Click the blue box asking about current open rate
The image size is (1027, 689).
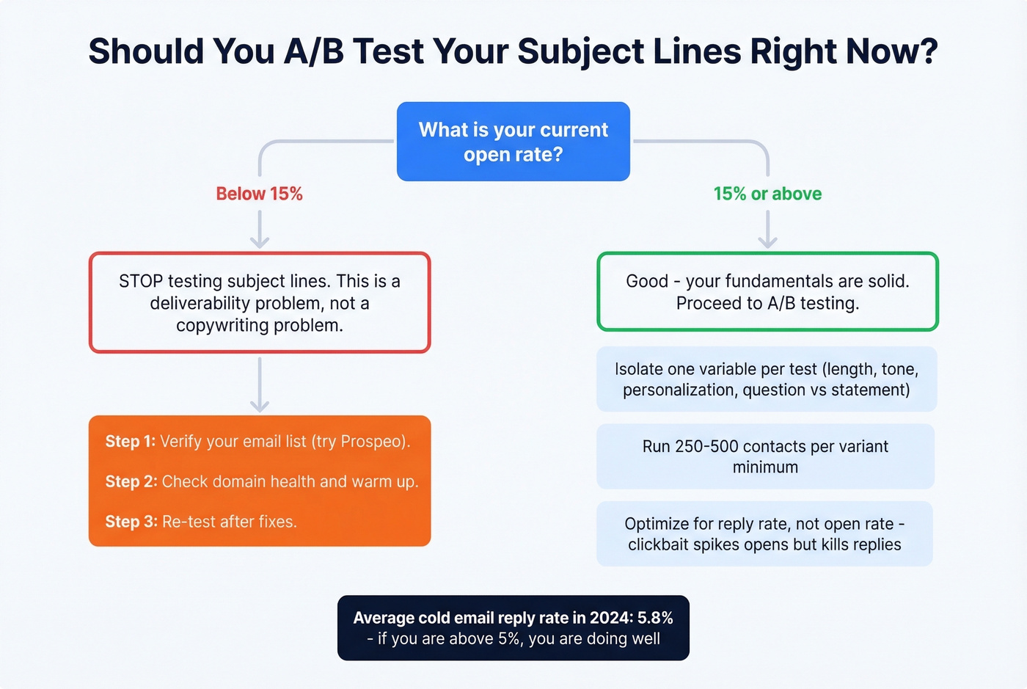tap(513, 142)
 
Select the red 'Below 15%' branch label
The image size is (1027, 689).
tap(259, 194)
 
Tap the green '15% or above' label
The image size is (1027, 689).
tap(767, 194)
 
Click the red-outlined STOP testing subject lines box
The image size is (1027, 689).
tap(260, 302)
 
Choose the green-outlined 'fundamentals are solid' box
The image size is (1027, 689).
tap(767, 292)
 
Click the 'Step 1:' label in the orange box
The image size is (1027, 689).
tap(130, 441)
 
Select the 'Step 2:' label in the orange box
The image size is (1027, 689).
tap(131, 481)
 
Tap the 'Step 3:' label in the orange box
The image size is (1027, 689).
tap(131, 522)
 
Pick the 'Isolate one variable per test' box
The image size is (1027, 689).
tap(767, 379)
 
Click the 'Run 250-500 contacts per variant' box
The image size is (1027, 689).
tap(765, 456)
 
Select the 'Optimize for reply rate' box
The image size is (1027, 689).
tap(764, 534)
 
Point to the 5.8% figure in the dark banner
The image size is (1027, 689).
tap(654, 618)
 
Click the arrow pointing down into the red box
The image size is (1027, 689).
tap(260, 231)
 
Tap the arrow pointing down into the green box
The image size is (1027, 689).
tap(767, 231)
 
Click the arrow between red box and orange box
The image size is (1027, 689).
tap(260, 386)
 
